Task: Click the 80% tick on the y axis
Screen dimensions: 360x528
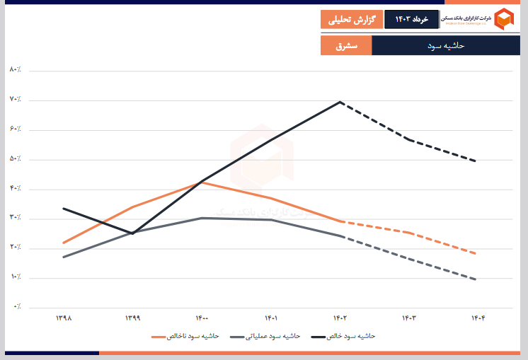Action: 15,69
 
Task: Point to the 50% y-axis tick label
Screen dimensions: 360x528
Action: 15,158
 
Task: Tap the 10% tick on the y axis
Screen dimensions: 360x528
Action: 15,277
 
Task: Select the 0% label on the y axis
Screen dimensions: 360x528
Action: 16,307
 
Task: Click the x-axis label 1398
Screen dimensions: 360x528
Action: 63,318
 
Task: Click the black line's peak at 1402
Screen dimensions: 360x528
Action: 341,102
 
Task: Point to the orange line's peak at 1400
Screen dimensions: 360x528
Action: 202,182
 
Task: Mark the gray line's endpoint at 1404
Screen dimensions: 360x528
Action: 476,279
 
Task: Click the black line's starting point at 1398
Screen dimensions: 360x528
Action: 63,209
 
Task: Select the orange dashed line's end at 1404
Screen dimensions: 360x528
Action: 476,253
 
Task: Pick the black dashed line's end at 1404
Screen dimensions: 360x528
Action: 476,161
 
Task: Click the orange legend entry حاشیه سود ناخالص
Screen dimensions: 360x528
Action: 185,336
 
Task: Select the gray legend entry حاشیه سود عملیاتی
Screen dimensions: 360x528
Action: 266,336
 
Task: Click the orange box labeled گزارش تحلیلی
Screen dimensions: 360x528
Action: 351,20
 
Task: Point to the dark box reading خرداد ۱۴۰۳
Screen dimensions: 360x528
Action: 411,20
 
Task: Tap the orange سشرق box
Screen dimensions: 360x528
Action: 345,46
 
